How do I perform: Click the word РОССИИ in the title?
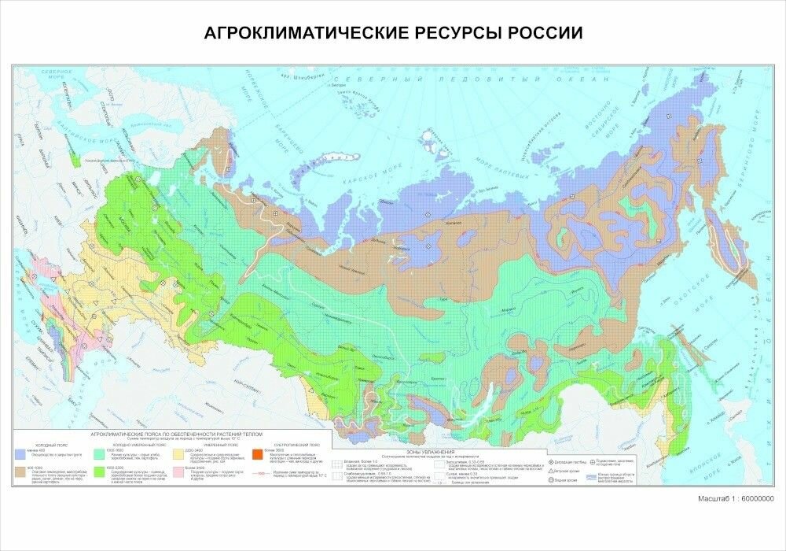(x=544, y=34)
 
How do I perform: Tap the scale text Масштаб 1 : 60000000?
(x=736, y=499)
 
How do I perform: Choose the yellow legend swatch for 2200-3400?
(x=179, y=453)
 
